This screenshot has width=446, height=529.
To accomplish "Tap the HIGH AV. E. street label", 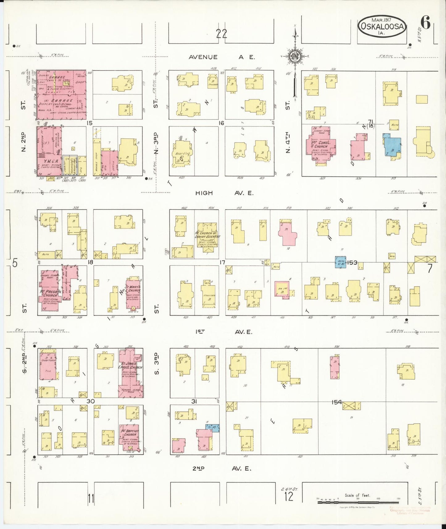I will (224, 193).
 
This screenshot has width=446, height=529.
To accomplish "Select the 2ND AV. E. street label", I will (221, 469).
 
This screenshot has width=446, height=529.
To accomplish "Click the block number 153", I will (352, 263).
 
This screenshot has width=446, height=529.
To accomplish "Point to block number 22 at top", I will (221, 33).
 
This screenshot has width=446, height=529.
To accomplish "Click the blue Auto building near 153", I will (340, 263).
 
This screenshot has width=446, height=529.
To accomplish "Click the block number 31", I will (194, 401).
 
